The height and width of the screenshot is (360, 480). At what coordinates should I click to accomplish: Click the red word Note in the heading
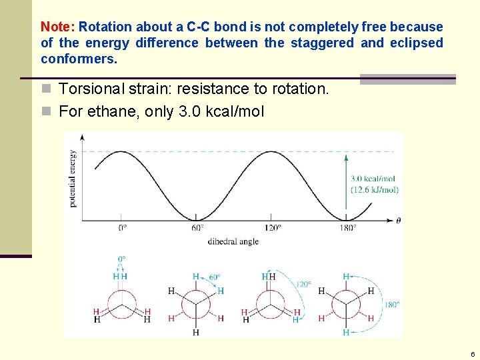point(57,27)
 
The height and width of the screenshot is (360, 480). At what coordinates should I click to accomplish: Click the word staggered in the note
point(321,43)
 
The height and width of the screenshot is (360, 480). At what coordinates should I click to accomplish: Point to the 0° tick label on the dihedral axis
point(123,228)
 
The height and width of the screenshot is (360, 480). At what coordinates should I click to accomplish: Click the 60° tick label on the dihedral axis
point(197,228)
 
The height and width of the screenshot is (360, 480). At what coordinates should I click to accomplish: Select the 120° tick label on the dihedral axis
point(271,228)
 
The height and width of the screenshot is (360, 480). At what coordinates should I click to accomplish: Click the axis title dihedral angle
point(233,241)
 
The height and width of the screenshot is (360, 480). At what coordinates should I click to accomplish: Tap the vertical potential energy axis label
point(73,178)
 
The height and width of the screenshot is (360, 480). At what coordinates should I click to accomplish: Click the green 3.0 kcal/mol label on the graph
point(373,179)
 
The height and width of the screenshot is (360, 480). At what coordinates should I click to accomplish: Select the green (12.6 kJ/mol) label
point(374,190)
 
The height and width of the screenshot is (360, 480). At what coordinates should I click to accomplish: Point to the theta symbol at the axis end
point(398,220)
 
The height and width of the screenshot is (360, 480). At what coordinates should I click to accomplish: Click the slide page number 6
point(472,354)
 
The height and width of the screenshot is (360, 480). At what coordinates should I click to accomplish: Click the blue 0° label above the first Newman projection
point(121,259)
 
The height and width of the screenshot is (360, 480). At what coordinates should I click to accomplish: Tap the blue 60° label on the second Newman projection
point(215,277)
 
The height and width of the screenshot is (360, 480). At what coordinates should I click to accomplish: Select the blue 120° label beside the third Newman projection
point(303,285)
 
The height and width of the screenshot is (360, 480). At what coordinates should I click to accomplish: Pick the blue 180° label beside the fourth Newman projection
point(393,305)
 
